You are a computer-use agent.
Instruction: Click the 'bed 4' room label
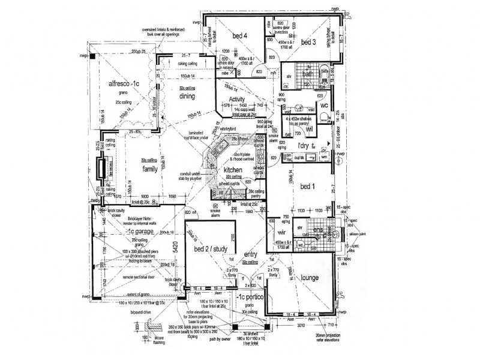pyautogui.click(x=240, y=36)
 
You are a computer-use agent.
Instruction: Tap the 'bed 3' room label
pyautogui.click(x=308, y=42)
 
